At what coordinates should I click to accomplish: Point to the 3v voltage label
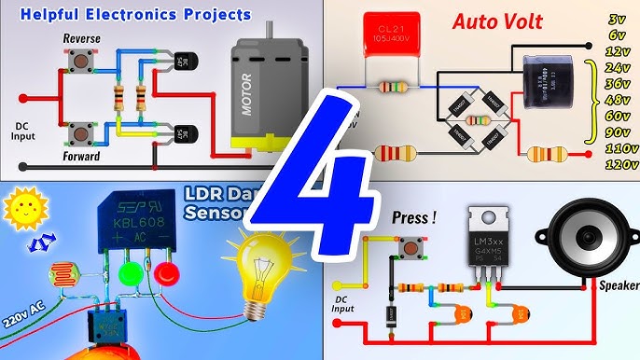click(616, 19)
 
